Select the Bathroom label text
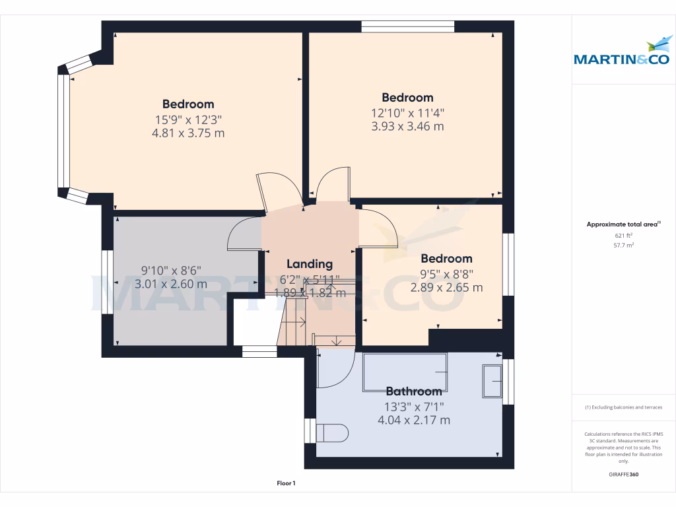pyautogui.click(x=414, y=391)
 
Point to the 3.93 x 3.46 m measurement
pyautogui.click(x=407, y=126)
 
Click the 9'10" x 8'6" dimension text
pyautogui.click(x=171, y=270)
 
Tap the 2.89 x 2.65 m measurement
pyautogui.click(x=446, y=288)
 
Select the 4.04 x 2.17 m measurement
pyautogui.click(x=414, y=420)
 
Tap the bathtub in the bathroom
pyautogui.click(x=405, y=372)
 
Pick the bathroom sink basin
pyautogui.click(x=492, y=381)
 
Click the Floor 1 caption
pyautogui.click(x=286, y=484)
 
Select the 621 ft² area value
pyautogui.click(x=624, y=235)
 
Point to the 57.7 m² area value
pyautogui.click(x=624, y=245)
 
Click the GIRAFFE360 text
pyautogui.click(x=624, y=475)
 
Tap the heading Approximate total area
pyautogui.click(x=623, y=224)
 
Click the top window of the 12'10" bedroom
pyautogui.click(x=407, y=26)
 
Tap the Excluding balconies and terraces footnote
pyautogui.click(x=624, y=407)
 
